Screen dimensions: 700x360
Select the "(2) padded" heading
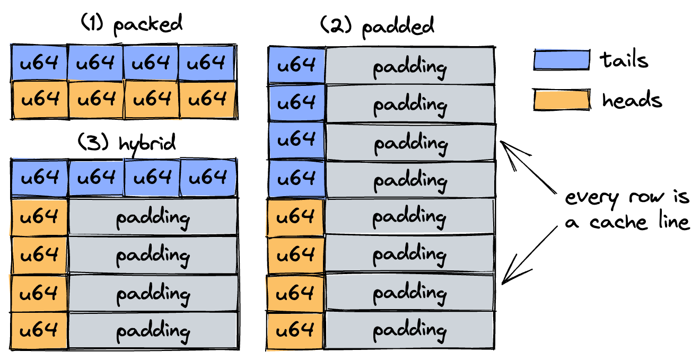tap(378, 27)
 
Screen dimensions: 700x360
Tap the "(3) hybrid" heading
tap(127, 144)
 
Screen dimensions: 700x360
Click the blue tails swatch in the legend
tap(562, 59)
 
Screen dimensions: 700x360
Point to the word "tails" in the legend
tap(624, 60)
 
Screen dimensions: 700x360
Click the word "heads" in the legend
tap(632, 99)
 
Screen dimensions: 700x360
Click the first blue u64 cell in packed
tap(39, 63)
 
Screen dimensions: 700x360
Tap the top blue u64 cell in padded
tap(297, 65)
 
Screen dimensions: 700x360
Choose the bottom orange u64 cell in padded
tap(295, 330)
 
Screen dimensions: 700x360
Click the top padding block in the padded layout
tap(410, 66)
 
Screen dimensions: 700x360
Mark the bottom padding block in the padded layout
tap(409, 330)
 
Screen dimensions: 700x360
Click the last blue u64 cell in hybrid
tap(208, 178)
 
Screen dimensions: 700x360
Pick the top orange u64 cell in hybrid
tap(39, 217)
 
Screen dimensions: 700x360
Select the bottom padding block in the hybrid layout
tap(153, 331)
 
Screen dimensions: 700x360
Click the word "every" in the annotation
tap(592, 199)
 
